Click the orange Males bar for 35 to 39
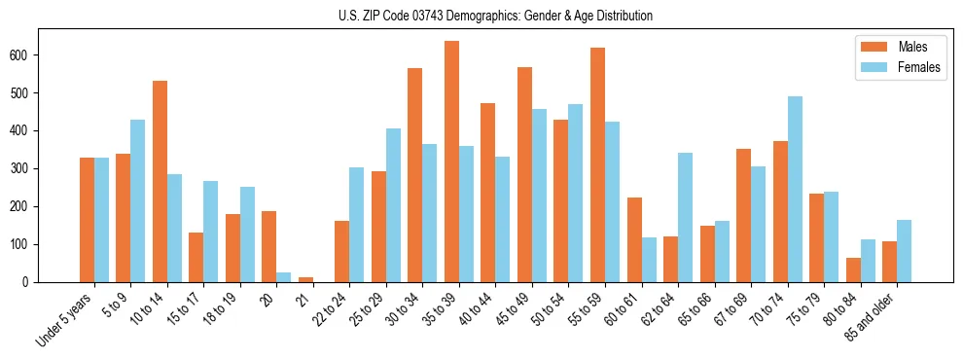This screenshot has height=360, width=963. point(451,162)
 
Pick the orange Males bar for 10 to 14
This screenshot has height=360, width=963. point(160,181)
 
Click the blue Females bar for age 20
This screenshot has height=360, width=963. point(284,276)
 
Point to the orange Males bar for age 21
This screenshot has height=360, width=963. point(305,279)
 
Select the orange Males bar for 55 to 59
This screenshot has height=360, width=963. point(597,164)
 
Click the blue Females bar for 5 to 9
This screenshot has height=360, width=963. point(138,200)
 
